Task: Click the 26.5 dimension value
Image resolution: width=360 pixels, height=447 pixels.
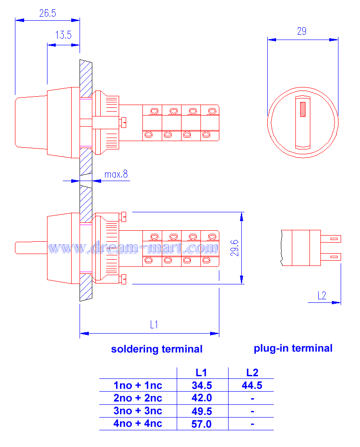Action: click(47, 13)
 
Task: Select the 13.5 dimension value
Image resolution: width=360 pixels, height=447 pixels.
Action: click(63, 35)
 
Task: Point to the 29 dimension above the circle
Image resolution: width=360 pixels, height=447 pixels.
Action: click(302, 31)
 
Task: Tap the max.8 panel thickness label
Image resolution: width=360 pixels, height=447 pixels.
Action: click(116, 174)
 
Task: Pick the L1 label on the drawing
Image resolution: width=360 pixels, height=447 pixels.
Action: click(154, 325)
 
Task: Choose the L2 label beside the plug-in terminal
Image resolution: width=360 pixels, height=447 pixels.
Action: click(322, 295)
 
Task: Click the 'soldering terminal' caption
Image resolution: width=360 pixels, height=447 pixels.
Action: click(157, 349)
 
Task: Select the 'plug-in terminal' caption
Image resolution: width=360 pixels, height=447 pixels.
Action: click(293, 348)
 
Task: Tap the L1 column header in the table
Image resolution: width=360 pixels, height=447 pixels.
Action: click(201, 373)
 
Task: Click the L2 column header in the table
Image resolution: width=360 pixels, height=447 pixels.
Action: click(252, 373)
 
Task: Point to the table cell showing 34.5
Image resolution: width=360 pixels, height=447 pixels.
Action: click(202, 385)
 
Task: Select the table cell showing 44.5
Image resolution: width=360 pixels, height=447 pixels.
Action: click(252, 385)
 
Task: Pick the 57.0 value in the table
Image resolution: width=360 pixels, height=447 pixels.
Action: click(202, 424)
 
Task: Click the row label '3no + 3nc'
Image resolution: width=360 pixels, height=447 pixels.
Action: click(138, 411)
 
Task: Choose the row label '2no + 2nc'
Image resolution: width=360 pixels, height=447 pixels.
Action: click(138, 398)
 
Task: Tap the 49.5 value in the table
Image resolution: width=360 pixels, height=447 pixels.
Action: click(202, 411)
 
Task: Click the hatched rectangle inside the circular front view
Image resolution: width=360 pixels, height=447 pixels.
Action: click(302, 109)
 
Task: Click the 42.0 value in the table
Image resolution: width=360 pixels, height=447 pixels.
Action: click(202, 398)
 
